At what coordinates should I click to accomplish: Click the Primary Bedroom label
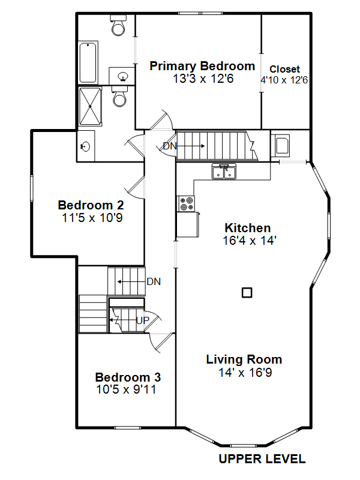point(202,66)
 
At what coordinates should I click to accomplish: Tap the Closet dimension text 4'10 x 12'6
point(284,80)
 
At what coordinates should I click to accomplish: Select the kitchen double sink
point(224,172)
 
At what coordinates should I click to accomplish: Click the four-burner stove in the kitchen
point(186,203)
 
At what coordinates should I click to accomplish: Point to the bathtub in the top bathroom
point(88,62)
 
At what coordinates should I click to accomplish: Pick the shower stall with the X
point(90,106)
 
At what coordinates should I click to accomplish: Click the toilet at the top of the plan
point(118,25)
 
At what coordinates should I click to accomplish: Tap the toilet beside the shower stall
point(119,96)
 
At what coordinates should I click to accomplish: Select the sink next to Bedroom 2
point(85,146)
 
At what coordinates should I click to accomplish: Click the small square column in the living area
point(247,293)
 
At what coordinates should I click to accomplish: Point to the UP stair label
point(143,320)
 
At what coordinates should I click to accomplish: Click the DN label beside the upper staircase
point(170,146)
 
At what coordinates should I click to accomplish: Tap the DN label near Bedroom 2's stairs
point(154,281)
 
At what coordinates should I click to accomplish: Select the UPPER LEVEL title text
point(262,459)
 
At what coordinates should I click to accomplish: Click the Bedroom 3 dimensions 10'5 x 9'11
point(126,389)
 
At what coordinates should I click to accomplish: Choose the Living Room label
point(244,359)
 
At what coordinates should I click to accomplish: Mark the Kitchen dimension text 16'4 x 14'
point(250,241)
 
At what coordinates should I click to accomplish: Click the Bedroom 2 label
point(91,205)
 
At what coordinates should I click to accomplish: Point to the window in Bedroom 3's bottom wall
point(127,428)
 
